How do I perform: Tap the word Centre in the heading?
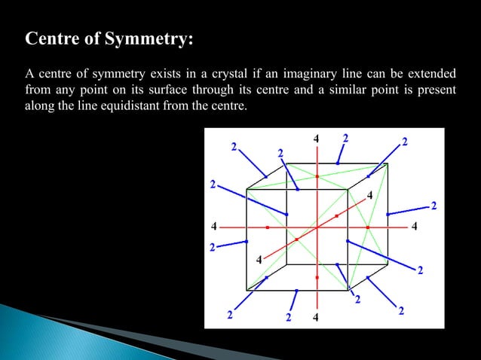[x=53, y=39]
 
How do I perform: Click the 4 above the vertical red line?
[x=316, y=139]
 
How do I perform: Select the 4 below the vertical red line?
[x=316, y=317]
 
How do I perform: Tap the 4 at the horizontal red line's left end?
[x=214, y=225]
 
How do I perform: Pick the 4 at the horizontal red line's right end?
[x=416, y=225]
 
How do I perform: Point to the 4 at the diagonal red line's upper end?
[x=369, y=195]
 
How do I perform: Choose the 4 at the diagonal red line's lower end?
[x=259, y=260]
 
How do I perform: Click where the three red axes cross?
[x=317, y=226]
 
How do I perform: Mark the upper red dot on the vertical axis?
[x=317, y=176]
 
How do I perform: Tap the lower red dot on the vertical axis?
[x=317, y=277]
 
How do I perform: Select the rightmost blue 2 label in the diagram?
[x=434, y=206]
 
